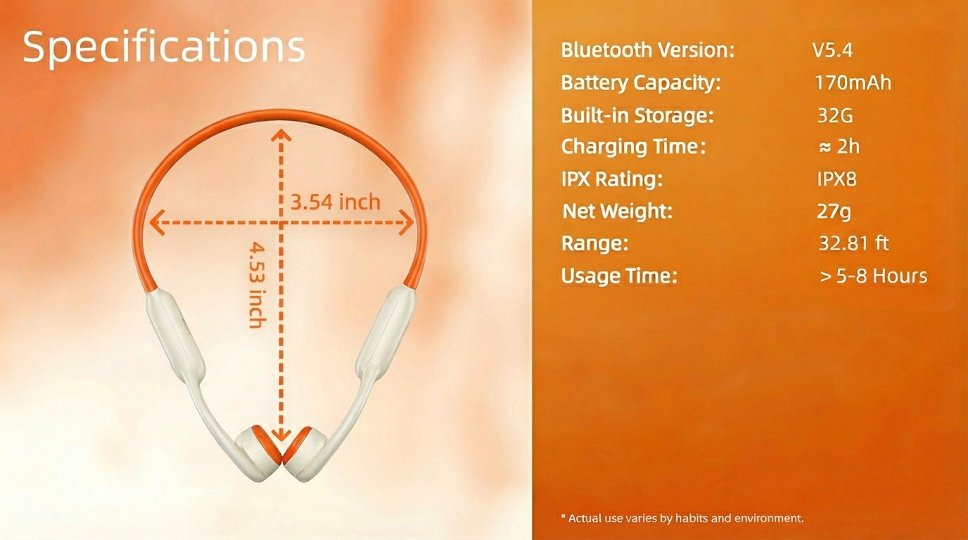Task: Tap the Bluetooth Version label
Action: click(647, 50)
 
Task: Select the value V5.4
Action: click(833, 50)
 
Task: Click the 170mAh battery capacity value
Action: click(853, 82)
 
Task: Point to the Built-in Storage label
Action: click(637, 115)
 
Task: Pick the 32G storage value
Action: click(835, 115)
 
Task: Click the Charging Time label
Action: click(633, 147)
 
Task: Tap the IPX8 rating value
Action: click(836, 179)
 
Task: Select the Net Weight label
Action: click(618, 211)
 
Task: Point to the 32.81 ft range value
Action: click(854, 243)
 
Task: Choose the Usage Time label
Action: click(619, 276)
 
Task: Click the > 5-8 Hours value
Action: click(873, 276)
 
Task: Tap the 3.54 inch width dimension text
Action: click(335, 202)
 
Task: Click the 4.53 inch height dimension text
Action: click(258, 285)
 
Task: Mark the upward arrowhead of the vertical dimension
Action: click(281, 135)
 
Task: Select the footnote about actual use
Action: click(682, 518)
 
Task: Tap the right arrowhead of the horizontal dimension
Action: click(406, 223)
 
